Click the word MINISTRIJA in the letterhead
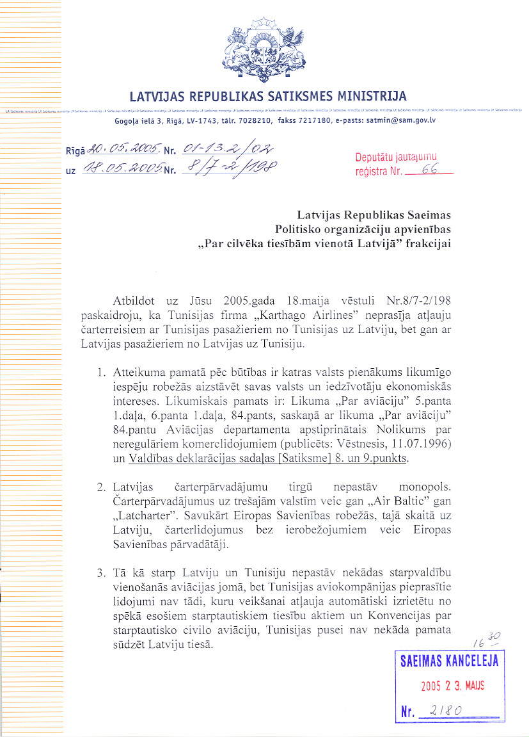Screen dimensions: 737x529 click(372, 97)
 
